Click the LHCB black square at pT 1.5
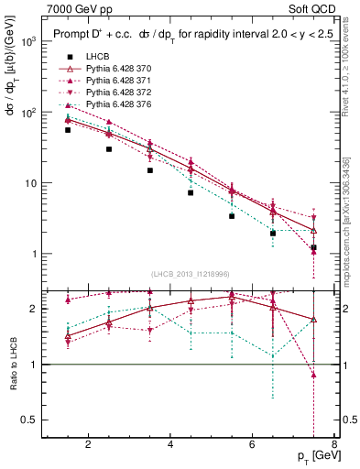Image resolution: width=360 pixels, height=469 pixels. coord(68,130)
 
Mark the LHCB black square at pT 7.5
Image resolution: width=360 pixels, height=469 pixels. coord(313,247)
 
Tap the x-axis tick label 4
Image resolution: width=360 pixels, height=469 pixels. coord(171,445)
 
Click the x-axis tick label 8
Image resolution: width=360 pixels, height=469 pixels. coord(335,445)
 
